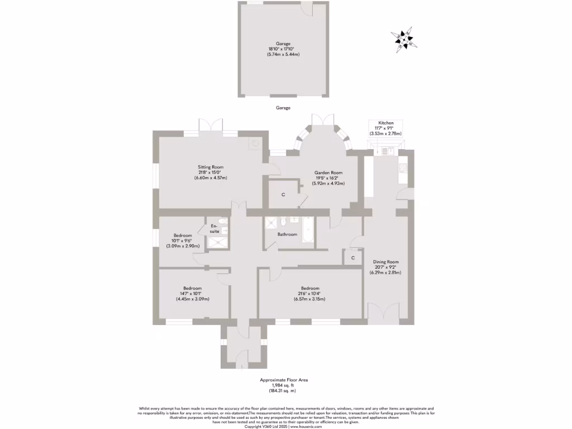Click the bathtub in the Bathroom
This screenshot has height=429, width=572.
(308, 230)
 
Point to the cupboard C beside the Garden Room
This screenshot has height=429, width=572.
(283, 194)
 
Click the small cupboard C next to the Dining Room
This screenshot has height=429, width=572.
(352, 258)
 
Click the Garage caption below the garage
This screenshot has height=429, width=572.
(283, 107)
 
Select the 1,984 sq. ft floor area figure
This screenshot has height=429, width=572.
(284, 385)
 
